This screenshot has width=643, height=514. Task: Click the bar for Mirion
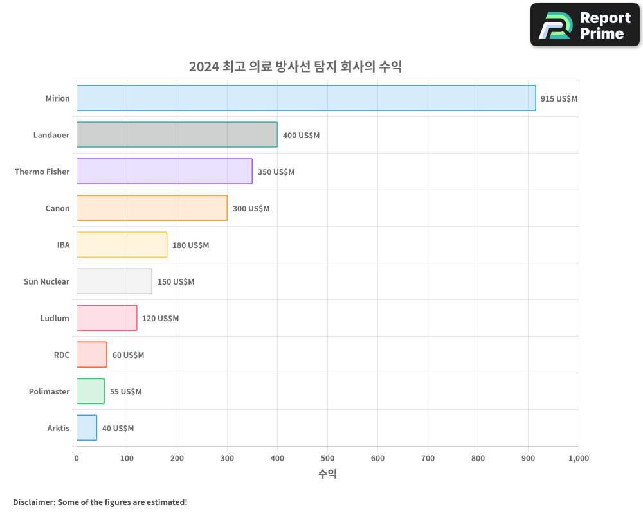point(306,98)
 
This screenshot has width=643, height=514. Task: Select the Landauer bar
point(177,135)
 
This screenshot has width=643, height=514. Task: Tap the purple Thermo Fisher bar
point(165,172)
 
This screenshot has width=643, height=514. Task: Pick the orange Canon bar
point(152,208)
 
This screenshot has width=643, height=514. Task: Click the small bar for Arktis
point(87,428)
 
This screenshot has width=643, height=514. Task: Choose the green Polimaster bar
point(91,391)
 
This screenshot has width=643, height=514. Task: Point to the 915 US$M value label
point(559,99)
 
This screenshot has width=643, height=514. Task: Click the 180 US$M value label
point(190,245)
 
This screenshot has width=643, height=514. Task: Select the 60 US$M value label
point(128,355)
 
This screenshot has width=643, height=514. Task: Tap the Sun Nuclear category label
point(46,281)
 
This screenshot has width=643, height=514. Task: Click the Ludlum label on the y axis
point(55,318)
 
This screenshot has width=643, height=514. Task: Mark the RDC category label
point(62,355)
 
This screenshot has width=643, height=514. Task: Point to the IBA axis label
point(63,245)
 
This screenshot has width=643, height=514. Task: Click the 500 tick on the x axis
point(327,458)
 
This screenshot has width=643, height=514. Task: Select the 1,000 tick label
point(578,458)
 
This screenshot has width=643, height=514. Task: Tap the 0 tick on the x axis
point(77,458)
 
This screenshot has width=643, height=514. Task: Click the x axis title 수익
point(327,474)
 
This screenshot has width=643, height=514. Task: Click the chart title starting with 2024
point(295,66)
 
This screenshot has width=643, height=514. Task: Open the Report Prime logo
point(584,25)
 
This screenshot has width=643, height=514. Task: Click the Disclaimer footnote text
point(100,502)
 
